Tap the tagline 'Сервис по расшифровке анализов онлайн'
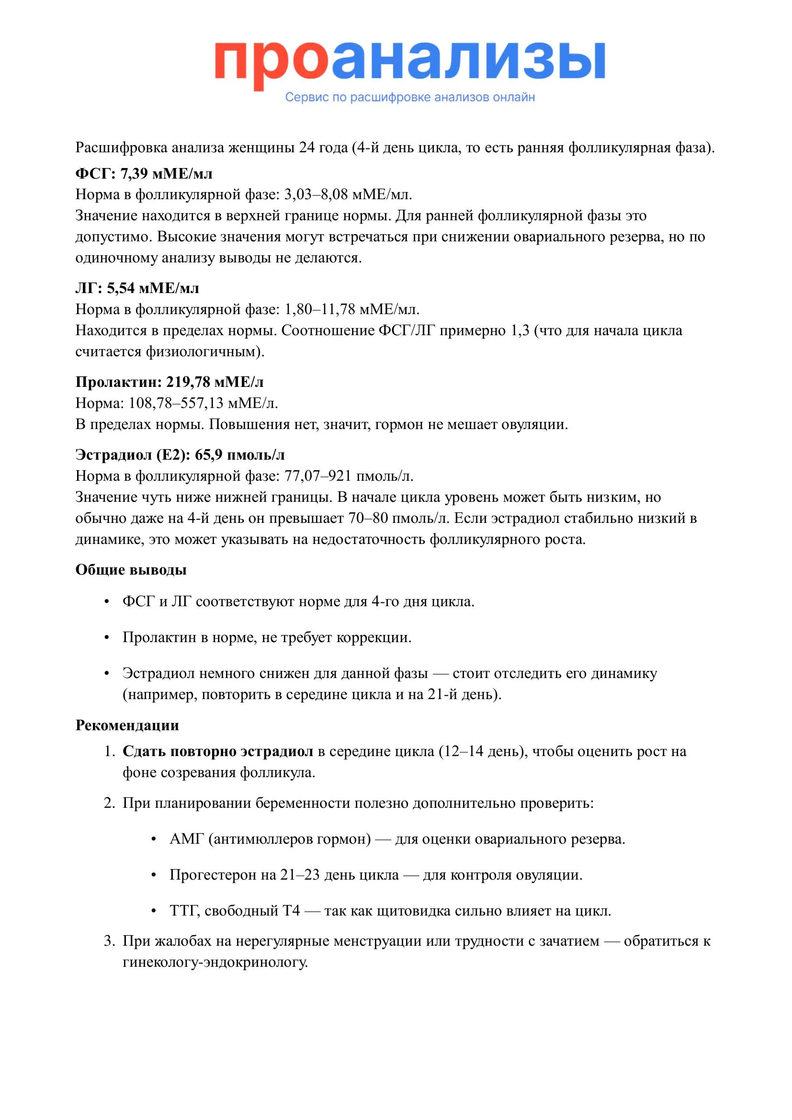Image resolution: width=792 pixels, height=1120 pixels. pos(410,97)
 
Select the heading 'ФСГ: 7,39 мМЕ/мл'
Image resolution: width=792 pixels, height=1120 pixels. pos(144,174)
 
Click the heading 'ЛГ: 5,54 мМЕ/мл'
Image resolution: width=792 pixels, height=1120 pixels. pos(137,288)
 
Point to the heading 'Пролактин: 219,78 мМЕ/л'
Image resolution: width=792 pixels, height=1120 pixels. pos(169,382)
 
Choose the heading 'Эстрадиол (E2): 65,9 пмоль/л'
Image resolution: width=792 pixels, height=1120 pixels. pos(180,454)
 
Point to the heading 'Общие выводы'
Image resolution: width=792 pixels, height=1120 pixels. pos(131,570)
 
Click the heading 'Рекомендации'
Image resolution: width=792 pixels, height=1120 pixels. pos(127,725)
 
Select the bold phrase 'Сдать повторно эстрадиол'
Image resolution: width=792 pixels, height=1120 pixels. pos(217,751)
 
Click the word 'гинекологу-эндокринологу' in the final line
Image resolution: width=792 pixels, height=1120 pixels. pos(215,962)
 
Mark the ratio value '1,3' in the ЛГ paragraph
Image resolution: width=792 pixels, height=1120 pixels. pos(520,331)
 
